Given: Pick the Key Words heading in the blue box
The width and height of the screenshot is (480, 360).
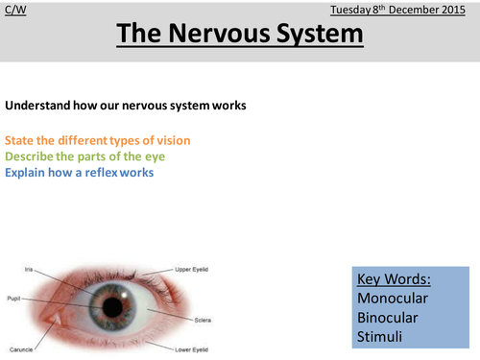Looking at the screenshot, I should point(393,279).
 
